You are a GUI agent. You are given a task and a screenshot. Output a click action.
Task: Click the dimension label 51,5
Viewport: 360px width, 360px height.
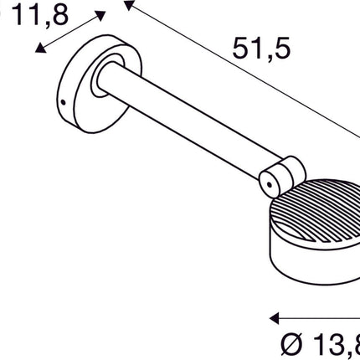pyautogui.click(x=261, y=50)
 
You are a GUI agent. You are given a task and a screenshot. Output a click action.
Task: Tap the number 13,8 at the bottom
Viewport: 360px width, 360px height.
pyautogui.click(x=335, y=344)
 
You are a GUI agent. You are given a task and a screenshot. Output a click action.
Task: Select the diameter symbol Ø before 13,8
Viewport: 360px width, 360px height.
pyautogui.click(x=286, y=344)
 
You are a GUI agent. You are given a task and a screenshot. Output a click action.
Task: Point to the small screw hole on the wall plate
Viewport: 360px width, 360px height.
pyautogui.click(x=62, y=105)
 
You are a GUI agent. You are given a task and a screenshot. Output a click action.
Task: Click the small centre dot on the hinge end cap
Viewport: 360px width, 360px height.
pyautogui.click(x=269, y=180)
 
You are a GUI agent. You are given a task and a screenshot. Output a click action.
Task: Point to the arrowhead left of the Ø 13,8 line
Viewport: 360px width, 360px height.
pyautogui.click(x=274, y=318)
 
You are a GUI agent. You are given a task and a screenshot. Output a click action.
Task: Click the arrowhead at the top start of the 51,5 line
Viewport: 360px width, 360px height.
pyautogui.click(x=128, y=6)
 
